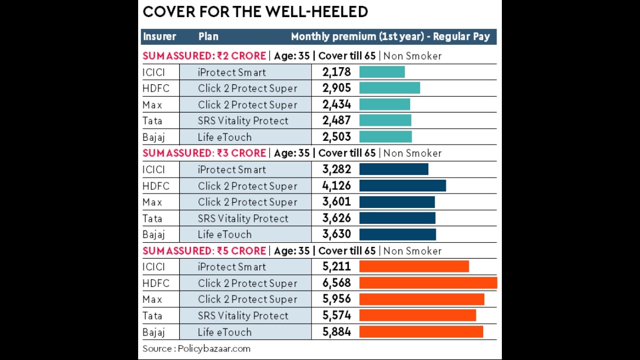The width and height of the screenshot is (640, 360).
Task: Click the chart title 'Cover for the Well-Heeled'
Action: [x=255, y=12]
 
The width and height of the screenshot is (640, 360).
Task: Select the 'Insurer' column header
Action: [x=159, y=37]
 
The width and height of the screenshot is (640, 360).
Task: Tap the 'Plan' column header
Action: [x=208, y=37]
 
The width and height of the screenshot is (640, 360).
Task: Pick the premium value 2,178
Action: [x=337, y=72]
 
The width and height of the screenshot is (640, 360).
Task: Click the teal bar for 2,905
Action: [x=389, y=88]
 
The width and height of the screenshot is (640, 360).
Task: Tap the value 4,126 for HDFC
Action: [x=337, y=186]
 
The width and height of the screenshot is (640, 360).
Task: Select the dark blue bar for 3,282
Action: [x=394, y=170]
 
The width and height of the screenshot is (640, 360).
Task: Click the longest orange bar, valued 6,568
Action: [x=428, y=283]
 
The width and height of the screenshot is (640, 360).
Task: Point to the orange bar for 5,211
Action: [x=414, y=267]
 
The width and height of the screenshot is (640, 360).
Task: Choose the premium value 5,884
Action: [x=337, y=332]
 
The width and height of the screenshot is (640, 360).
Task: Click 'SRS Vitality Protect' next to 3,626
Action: [x=243, y=218]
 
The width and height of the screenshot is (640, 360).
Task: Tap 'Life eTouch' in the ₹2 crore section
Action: [x=225, y=137]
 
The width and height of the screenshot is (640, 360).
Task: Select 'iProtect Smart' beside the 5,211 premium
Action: [x=231, y=267]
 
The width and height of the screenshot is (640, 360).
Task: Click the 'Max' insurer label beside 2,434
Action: [x=152, y=105]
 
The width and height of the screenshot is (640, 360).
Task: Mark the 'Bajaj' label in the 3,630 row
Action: [x=154, y=234]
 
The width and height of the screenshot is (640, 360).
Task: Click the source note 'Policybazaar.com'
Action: [x=213, y=349]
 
